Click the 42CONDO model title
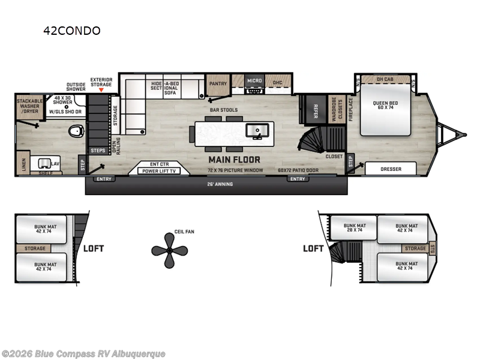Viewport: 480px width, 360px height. (71, 31)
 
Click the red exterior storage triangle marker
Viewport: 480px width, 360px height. (101, 90)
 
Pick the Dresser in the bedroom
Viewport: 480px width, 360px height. (391, 169)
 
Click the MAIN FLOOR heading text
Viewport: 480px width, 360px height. (234, 160)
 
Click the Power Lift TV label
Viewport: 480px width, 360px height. (158, 171)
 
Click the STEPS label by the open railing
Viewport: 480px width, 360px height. (97, 149)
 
